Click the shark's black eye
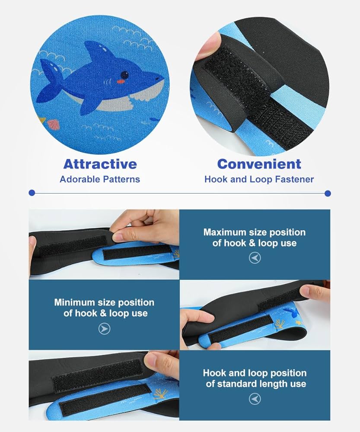(x=124, y=75)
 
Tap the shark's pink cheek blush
(x=120, y=82)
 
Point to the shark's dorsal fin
(x=97, y=52)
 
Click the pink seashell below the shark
(x=53, y=124)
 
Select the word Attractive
(x=100, y=164)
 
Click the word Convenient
(x=259, y=164)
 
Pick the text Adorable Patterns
(x=100, y=179)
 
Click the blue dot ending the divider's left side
(x=32, y=193)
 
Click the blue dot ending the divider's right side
(x=328, y=194)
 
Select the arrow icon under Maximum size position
(x=255, y=258)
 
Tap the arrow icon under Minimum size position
(x=104, y=329)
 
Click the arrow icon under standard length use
(x=255, y=399)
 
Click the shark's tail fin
(x=51, y=80)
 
